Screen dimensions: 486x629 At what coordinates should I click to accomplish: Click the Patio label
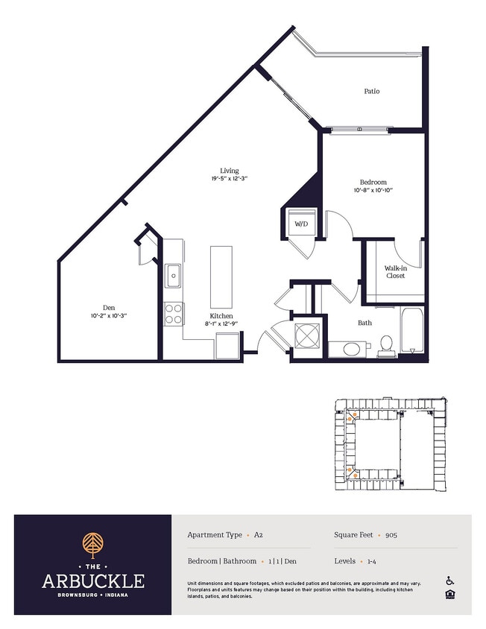pyautogui.click(x=372, y=91)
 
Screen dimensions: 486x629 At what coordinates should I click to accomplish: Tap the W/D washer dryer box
pyautogui.click(x=301, y=224)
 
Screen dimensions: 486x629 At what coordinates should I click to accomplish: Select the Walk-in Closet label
pyautogui.click(x=395, y=272)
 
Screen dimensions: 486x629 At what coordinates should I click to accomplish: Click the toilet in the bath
pyautogui.click(x=386, y=347)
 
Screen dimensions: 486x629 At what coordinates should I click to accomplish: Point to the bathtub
pyautogui.click(x=411, y=330)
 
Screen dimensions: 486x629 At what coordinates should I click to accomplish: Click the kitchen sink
pyautogui.click(x=174, y=276)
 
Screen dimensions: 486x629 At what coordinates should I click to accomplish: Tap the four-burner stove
pyautogui.click(x=174, y=314)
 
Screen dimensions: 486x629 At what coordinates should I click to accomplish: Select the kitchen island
pyautogui.click(x=221, y=277)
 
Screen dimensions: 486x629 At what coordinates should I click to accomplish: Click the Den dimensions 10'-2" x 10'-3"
pyautogui.click(x=109, y=316)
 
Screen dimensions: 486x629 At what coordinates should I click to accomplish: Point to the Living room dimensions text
pyautogui.click(x=229, y=179)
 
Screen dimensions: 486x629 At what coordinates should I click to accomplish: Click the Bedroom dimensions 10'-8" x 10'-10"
pyautogui.click(x=373, y=190)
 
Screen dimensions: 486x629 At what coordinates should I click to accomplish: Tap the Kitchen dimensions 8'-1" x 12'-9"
pyautogui.click(x=221, y=323)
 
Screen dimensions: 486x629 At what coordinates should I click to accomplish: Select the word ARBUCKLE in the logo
pyautogui.click(x=93, y=581)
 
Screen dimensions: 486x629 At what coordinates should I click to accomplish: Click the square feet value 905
pyautogui.click(x=391, y=535)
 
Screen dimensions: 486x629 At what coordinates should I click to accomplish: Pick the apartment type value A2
pyautogui.click(x=259, y=535)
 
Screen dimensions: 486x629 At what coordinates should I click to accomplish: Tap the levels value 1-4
pyautogui.click(x=371, y=561)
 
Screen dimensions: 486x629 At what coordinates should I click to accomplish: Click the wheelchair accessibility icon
pyautogui.click(x=450, y=581)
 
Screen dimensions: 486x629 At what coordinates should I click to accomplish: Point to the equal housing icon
pyautogui.click(x=450, y=595)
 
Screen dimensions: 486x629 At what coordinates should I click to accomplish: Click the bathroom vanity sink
pyautogui.click(x=352, y=349)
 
